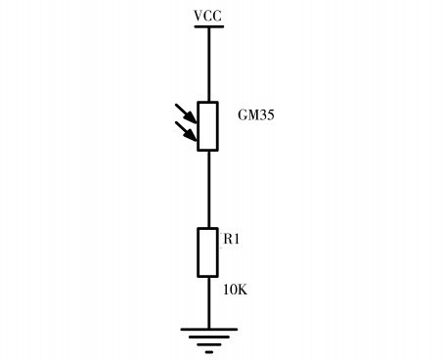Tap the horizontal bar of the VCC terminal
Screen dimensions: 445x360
tap(208, 26)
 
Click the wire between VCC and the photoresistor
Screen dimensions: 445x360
tap(208, 64)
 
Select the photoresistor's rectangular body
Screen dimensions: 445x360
tap(208, 125)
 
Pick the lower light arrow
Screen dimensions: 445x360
tap(186, 129)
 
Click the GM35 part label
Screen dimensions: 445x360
tap(257, 113)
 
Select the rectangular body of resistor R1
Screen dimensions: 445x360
tap(208, 252)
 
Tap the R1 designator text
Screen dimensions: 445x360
tap(231, 238)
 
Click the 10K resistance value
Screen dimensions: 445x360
tap(235, 289)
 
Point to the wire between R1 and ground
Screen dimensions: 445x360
tap(208, 303)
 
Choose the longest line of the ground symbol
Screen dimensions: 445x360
tap(208, 330)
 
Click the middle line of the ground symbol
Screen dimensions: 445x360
tap(208, 338)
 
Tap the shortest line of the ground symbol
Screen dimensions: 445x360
tap(208, 347)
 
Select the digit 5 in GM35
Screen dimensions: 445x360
tap(271, 113)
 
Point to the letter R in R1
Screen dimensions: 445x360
tap(227, 238)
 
